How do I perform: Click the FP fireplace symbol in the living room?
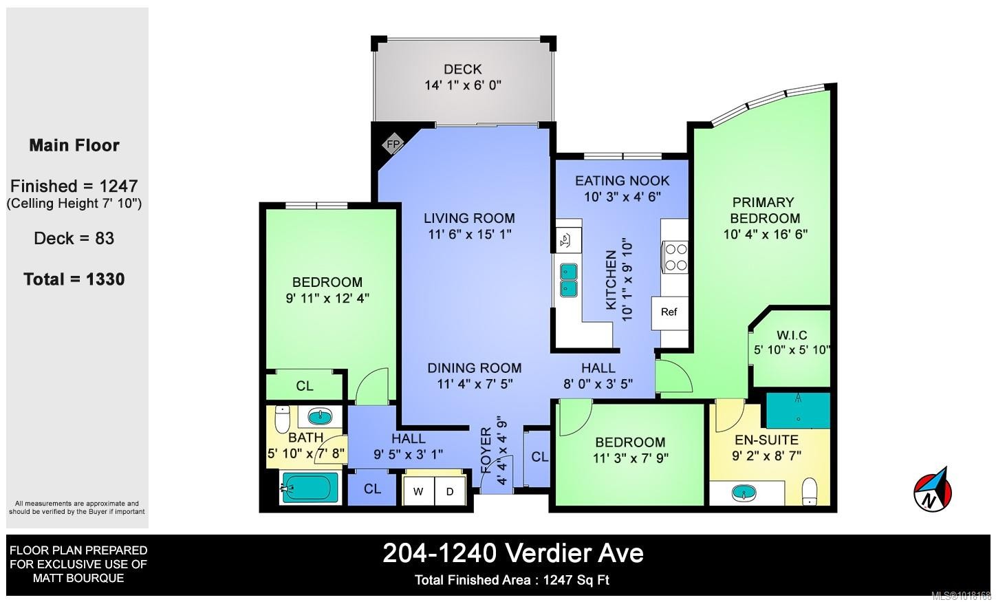393,144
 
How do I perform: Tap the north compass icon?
933,491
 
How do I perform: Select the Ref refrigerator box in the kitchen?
669,312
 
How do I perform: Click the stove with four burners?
675,257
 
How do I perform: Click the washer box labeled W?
418,491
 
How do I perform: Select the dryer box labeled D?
450,491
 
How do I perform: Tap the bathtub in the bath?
310,488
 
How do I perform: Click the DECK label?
462,69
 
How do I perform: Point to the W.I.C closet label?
791,335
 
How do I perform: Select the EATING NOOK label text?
622,180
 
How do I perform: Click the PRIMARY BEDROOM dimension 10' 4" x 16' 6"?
765,234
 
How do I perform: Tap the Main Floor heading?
74,145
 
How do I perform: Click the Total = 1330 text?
74,279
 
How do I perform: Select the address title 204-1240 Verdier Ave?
512,553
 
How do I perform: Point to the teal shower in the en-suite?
798,410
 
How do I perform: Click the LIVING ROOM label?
469,218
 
